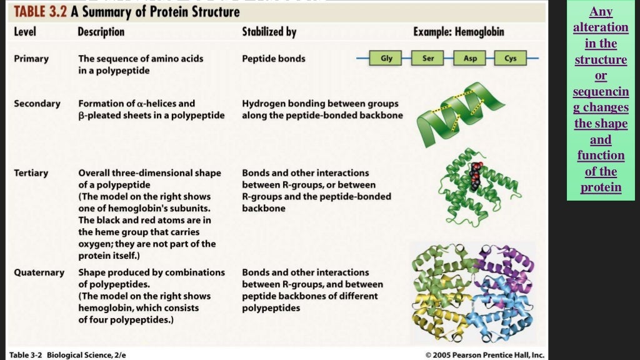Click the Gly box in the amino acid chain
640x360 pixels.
[386, 58]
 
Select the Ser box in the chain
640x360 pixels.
[427, 58]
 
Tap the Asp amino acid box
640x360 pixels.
[469, 58]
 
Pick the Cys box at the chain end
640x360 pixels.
[510, 58]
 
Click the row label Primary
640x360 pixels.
[32, 58]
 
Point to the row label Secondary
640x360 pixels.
[37, 103]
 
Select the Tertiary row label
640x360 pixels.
[31, 172]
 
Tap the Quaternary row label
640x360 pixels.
[39, 272]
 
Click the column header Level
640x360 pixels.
[25, 31]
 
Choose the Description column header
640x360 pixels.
[101, 31]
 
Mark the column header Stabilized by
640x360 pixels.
[269, 31]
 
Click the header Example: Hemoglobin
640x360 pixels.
[458, 31]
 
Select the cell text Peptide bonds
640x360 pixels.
[273, 58]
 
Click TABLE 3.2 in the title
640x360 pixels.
[41, 12]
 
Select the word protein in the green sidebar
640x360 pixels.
[601, 187]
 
